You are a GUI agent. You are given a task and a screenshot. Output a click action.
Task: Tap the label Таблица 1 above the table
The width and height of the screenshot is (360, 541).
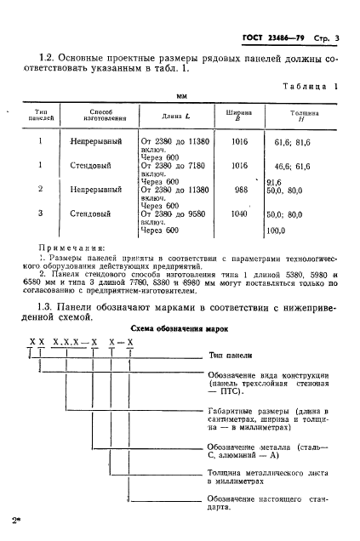pyautogui.click(x=310, y=86)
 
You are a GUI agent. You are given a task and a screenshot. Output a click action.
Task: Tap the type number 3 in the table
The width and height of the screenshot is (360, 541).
pyautogui.click(x=40, y=214)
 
